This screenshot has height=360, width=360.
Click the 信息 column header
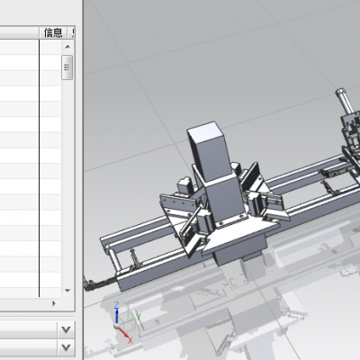pyautogui.click(x=53, y=32)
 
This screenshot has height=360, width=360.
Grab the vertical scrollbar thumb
pyautogui.click(x=67, y=67)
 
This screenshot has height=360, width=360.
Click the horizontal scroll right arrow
pyautogui.click(x=54, y=303)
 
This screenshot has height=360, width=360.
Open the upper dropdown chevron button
pyautogui.click(x=66, y=330)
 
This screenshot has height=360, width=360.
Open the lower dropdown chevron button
pyautogui.click(x=66, y=347)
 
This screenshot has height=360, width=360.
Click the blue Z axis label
pyautogui.click(x=117, y=304)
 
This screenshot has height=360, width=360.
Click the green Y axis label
pyautogui.click(x=139, y=317)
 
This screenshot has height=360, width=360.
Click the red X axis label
pyautogui.click(x=130, y=340)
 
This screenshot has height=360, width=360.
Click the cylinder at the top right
pyautogui.click(x=345, y=101)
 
